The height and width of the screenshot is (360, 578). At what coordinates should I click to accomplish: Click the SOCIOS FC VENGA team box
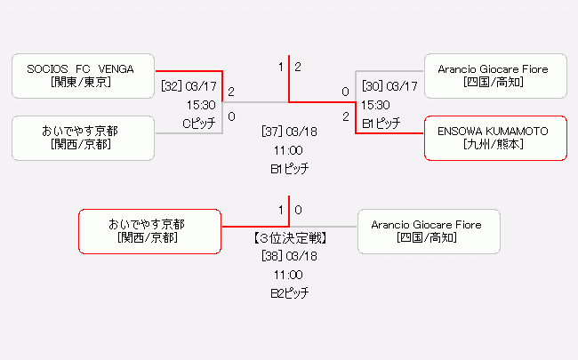(84, 76)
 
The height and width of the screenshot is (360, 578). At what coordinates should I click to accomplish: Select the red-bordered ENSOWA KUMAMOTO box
(494, 138)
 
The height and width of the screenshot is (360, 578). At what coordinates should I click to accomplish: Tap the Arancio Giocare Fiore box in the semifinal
(494, 76)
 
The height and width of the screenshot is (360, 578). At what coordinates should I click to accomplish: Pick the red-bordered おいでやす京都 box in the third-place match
(150, 231)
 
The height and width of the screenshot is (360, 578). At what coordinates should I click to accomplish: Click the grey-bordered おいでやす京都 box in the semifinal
(84, 138)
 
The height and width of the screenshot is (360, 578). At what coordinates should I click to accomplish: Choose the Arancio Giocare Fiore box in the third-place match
(427, 231)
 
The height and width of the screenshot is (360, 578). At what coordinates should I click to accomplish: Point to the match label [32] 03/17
(189, 86)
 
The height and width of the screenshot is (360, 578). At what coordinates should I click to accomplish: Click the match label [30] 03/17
(389, 86)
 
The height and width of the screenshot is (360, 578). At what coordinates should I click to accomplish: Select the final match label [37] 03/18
(289, 132)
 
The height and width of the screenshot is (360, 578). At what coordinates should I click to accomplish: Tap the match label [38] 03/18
(289, 256)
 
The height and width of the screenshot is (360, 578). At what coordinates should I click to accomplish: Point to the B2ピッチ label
(289, 293)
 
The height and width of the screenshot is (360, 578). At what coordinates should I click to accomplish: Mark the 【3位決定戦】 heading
(289, 238)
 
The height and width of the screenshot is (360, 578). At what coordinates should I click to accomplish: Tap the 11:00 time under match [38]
(289, 275)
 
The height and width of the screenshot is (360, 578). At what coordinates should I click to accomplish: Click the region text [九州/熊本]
(494, 145)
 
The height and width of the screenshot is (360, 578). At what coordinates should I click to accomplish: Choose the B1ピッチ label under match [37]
(289, 168)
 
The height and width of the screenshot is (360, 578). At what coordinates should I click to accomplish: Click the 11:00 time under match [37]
(289, 150)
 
